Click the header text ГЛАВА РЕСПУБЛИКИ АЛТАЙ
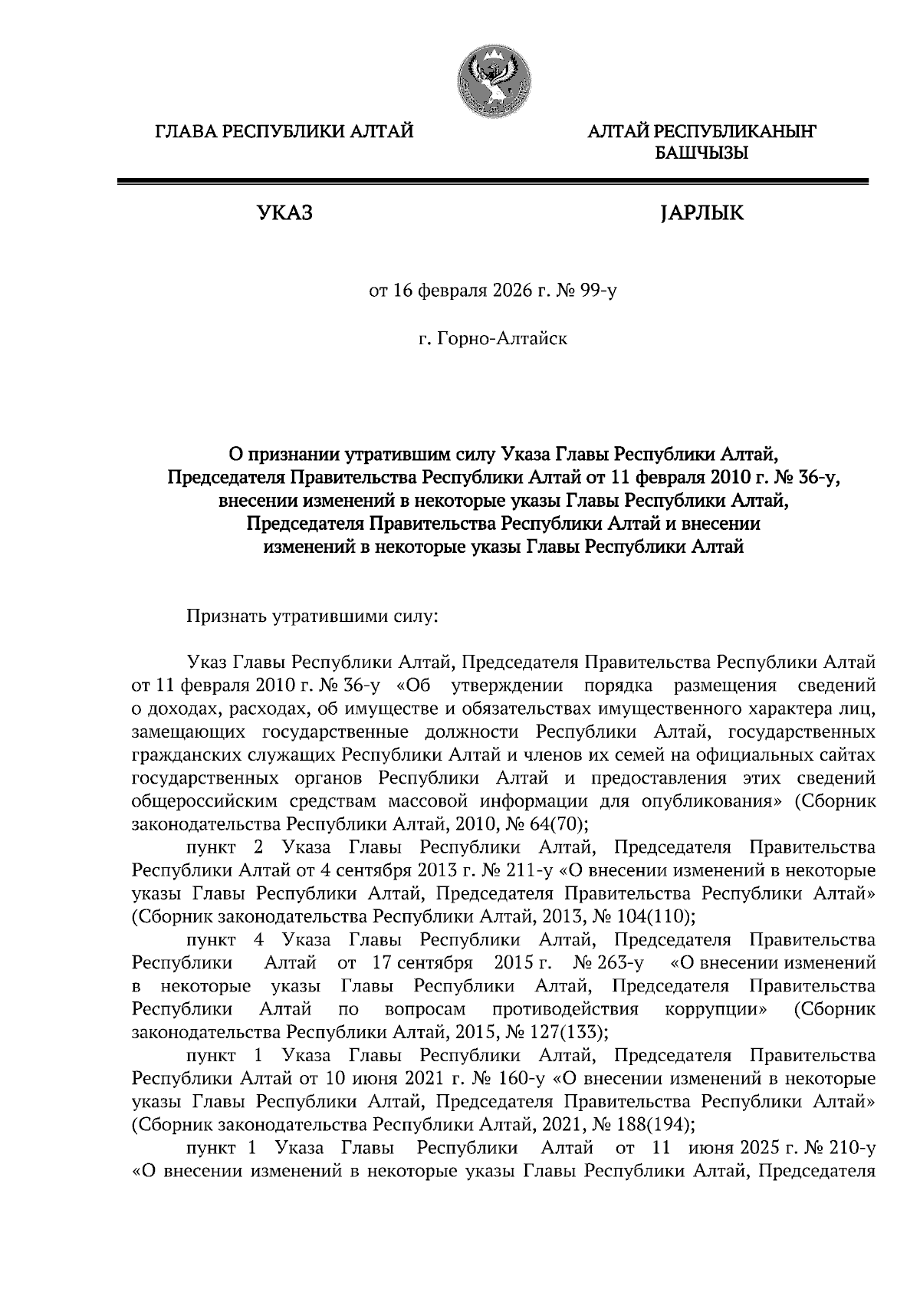click(x=284, y=132)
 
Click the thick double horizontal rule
click(x=492, y=182)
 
